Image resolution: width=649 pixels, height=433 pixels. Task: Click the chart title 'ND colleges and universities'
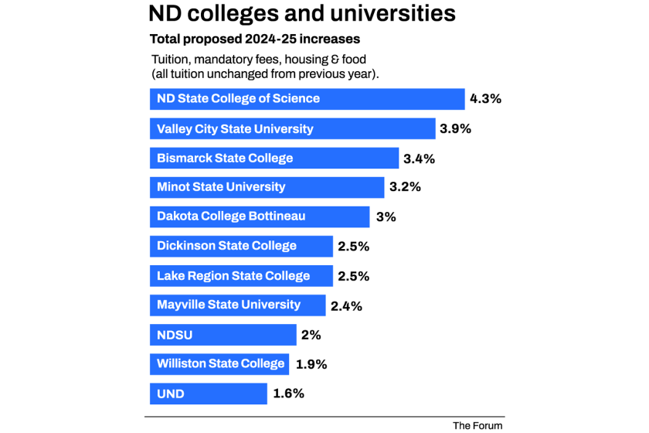click(x=301, y=15)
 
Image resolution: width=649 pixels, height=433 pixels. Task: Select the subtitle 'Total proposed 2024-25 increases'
click(x=254, y=39)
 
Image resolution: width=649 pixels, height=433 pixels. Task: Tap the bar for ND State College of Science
click(x=307, y=99)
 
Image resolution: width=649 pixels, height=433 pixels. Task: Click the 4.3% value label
click(x=485, y=99)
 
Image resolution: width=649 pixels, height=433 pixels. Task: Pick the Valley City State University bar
click(x=292, y=128)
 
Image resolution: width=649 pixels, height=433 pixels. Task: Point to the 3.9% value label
click(x=455, y=128)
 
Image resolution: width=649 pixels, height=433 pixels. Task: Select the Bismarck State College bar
click(x=274, y=158)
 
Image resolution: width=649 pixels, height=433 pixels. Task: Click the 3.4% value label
click(x=419, y=159)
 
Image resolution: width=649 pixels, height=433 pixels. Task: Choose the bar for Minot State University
click(x=267, y=187)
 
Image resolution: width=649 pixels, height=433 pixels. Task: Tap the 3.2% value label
click(x=404, y=187)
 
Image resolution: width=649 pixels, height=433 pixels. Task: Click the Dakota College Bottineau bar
click(x=260, y=216)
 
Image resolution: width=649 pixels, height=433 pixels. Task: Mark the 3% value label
click(x=386, y=217)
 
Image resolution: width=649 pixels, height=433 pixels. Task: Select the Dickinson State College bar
click(x=241, y=246)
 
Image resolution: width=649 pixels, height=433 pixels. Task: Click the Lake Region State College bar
click(x=241, y=276)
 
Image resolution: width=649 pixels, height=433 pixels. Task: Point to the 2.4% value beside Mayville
click(x=346, y=306)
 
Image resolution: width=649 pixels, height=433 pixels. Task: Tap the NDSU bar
click(x=223, y=335)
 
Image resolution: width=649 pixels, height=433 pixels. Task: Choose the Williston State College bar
click(x=219, y=364)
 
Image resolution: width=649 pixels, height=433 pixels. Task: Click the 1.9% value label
click(x=311, y=364)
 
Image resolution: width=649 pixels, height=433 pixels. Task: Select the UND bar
click(x=208, y=394)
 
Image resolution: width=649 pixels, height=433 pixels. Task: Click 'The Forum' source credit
click(x=477, y=425)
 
